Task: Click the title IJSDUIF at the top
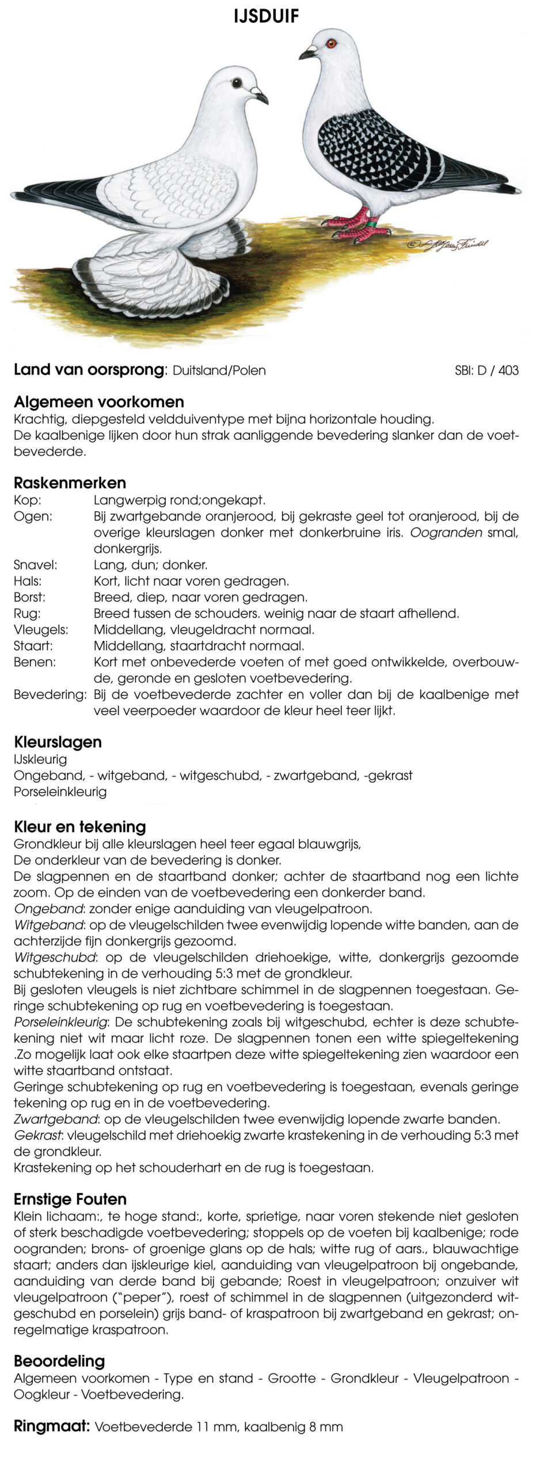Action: coord(267,16)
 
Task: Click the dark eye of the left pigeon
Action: coord(237,83)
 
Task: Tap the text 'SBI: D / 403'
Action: coord(486,370)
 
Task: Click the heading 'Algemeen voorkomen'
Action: coord(98,401)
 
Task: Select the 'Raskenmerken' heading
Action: coord(70,483)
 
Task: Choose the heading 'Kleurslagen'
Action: coord(58,742)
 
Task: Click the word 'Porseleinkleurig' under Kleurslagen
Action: coord(60,792)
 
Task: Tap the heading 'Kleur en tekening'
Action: coord(79,827)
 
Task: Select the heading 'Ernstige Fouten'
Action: coord(70,1199)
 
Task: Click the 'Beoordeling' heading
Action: coord(59,1361)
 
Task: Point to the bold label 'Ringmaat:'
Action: coord(52,1426)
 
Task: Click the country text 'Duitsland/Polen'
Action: coord(219,370)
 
